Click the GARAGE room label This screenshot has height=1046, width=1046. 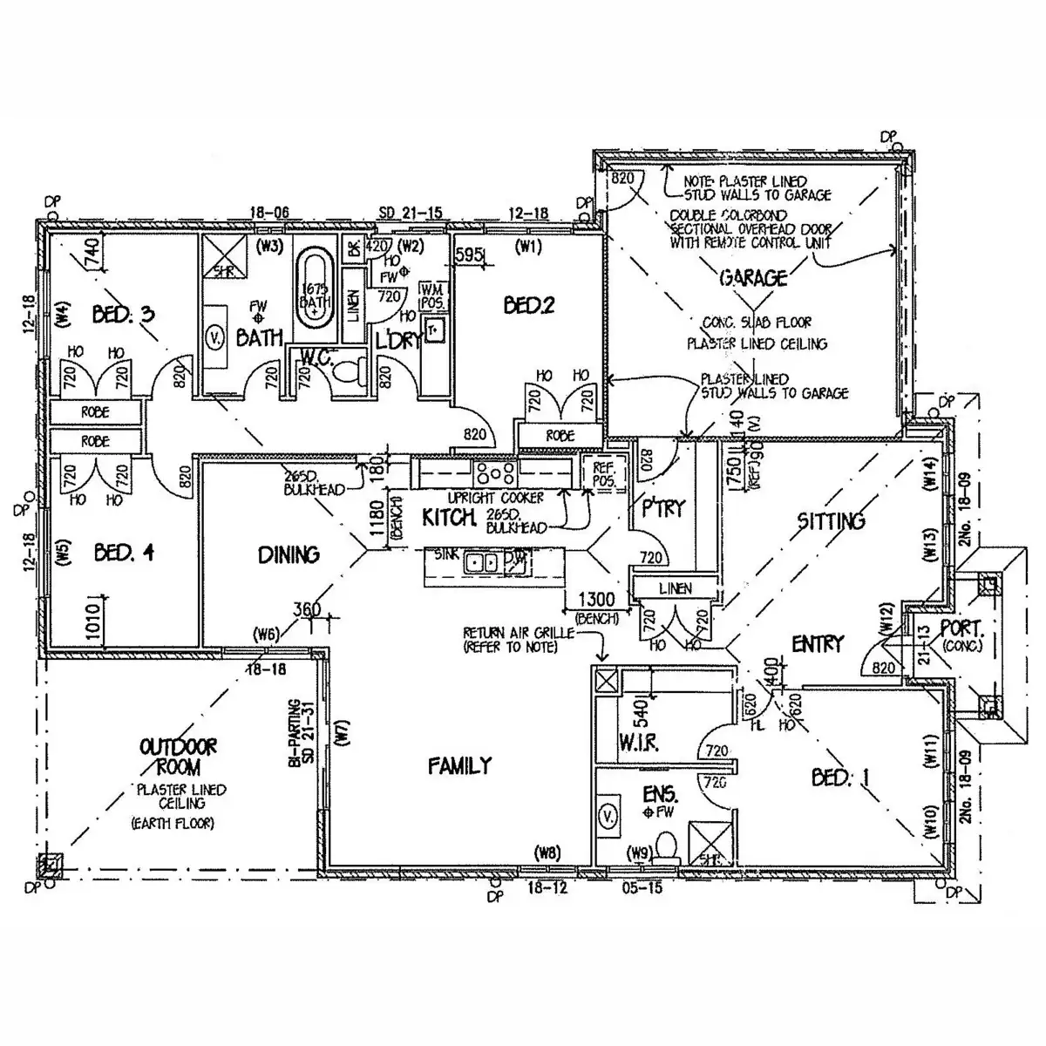(753, 278)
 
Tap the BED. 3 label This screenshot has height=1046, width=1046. (124, 313)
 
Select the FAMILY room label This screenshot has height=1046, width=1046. (459, 765)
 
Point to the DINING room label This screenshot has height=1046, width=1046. (289, 554)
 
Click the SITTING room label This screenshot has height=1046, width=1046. (831, 521)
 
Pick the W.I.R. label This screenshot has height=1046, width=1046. (638, 743)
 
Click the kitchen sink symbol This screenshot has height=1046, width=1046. (480, 562)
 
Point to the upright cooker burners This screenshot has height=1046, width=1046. (492, 473)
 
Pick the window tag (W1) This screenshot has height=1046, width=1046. (528, 247)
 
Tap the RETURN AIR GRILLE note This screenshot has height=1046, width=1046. (519, 639)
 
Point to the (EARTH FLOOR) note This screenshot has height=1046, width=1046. (172, 823)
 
